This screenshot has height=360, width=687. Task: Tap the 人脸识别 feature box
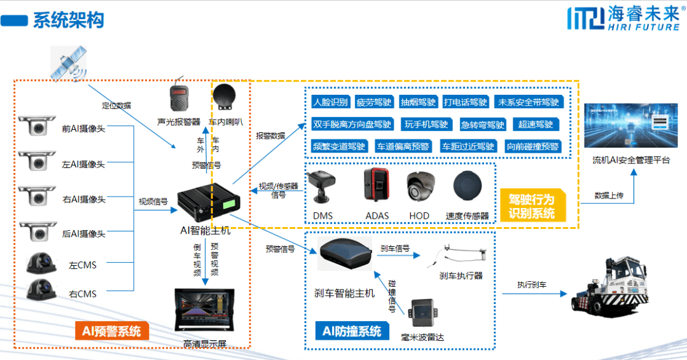(x=330, y=102)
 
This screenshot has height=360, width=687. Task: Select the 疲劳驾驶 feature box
(x=374, y=102)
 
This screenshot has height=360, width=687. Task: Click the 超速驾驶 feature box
(x=536, y=124)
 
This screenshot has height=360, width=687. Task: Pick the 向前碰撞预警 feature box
(x=532, y=146)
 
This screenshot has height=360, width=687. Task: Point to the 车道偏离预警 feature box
(x=403, y=146)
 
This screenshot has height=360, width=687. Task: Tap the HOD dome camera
(x=420, y=187)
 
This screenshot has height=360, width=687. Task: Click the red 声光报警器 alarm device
(x=179, y=99)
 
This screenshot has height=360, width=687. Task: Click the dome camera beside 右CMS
(x=42, y=291)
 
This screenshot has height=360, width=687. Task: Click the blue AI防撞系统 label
(x=352, y=331)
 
